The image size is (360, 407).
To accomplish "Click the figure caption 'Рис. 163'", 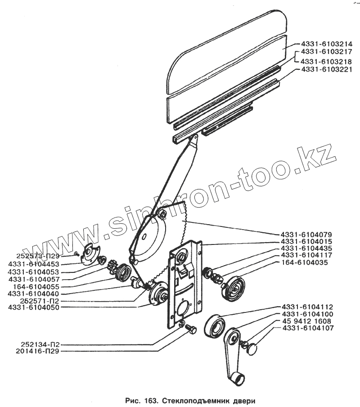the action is click(141, 400).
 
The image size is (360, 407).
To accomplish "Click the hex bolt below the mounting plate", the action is click(191, 330).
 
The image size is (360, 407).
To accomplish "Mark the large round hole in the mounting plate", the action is click(184, 311).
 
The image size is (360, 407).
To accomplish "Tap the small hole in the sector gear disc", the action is click(145, 236).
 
